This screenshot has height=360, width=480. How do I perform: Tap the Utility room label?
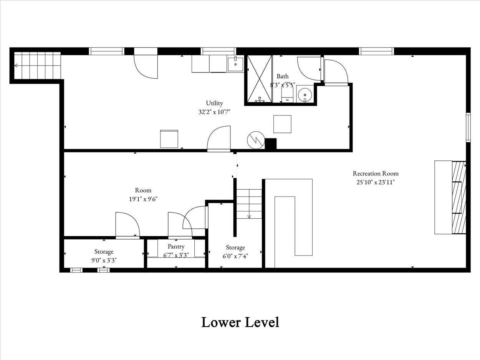pyautogui.click(x=214, y=103)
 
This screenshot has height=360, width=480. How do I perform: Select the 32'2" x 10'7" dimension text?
pyautogui.click(x=214, y=112)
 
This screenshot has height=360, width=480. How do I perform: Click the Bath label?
pyautogui.click(x=283, y=76)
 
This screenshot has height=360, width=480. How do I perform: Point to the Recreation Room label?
pyautogui.click(x=376, y=173)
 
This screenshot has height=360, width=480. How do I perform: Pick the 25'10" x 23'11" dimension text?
pyautogui.click(x=376, y=182)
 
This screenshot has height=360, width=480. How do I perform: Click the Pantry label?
pyautogui.click(x=176, y=246)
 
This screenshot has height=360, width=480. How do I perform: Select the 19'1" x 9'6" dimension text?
pyautogui.click(x=143, y=199)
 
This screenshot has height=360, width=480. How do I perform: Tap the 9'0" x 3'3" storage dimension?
pyautogui.click(x=104, y=260)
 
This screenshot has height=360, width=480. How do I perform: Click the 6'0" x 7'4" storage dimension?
pyautogui.click(x=235, y=256)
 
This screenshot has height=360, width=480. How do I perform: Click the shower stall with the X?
pyautogui.click(x=260, y=79)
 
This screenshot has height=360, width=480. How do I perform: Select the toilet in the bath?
pyautogui.click(x=287, y=93)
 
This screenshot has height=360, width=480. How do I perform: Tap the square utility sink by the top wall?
pyautogui.click(x=235, y=64)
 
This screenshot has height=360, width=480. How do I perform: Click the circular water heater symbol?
pyautogui.click(x=256, y=140)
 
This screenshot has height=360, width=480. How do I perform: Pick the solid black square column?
pyautogui.click(x=270, y=144)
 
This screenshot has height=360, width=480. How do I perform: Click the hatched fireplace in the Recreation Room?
pyautogui.click(x=459, y=198)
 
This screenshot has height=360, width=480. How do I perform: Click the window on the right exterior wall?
pyautogui.click(x=468, y=128)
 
